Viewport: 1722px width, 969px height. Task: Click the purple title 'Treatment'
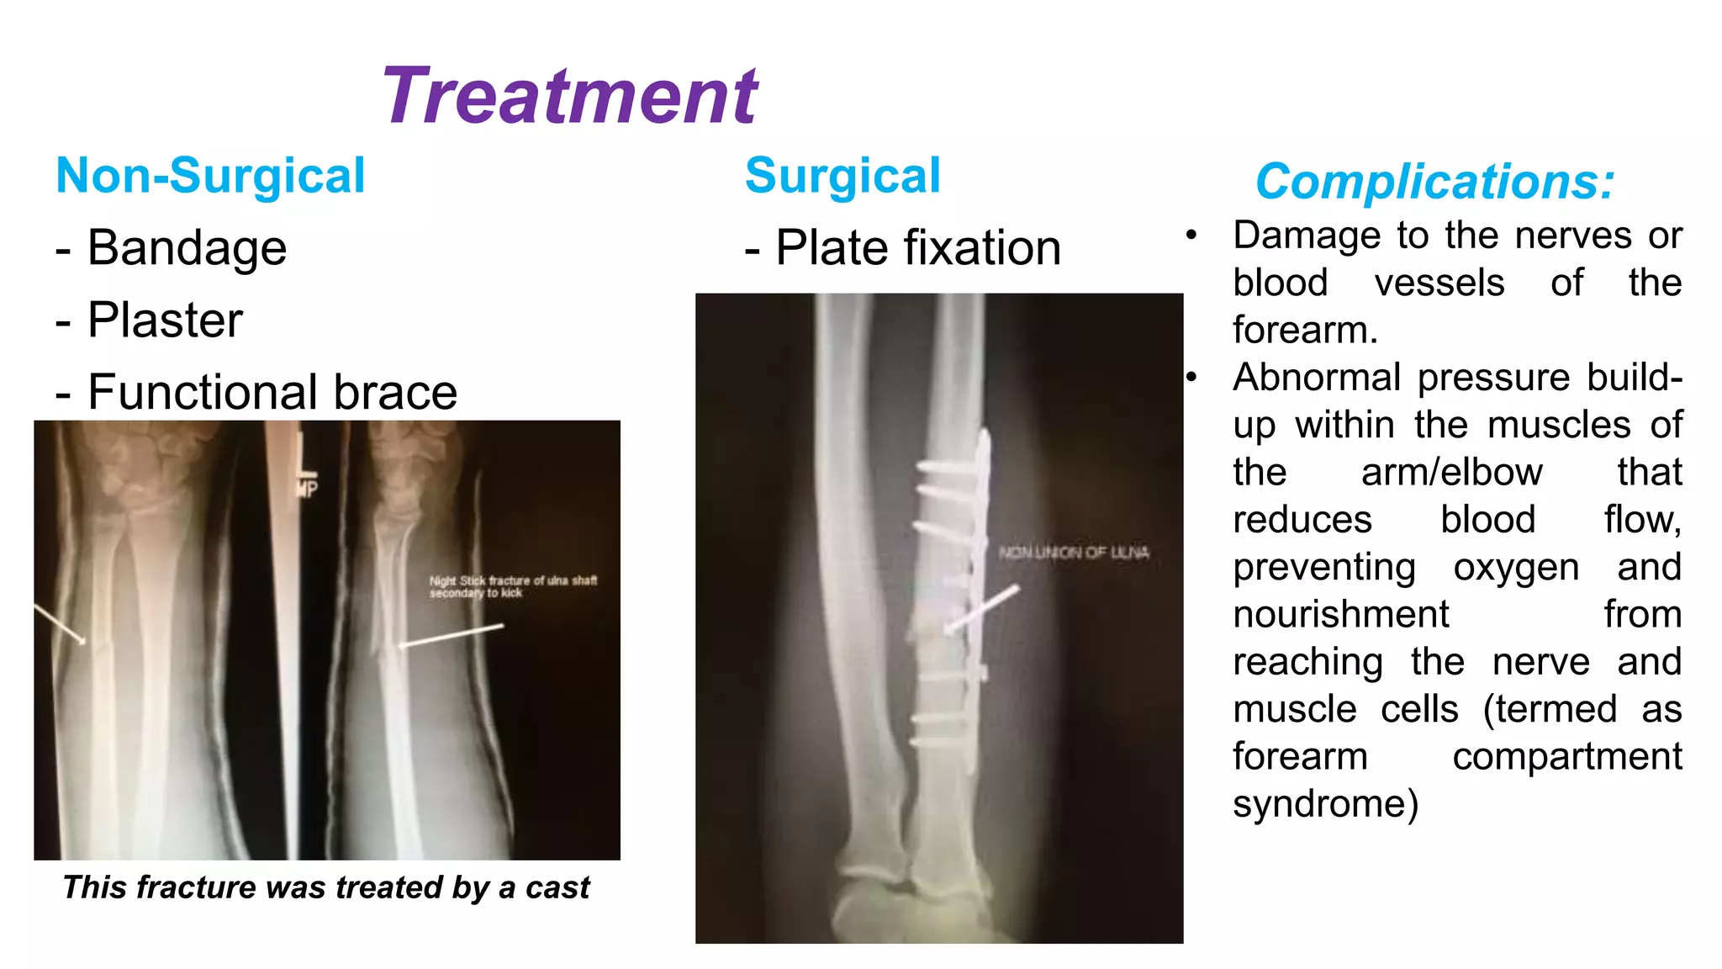(x=570, y=96)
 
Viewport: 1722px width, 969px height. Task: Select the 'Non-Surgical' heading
(x=210, y=176)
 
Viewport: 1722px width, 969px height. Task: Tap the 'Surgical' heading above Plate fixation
(x=843, y=176)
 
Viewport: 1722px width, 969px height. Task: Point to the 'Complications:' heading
(x=1434, y=181)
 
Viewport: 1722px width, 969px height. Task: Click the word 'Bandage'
(x=187, y=248)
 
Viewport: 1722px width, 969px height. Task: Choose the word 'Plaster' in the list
(x=165, y=320)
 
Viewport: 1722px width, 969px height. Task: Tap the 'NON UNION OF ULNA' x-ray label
(x=1074, y=553)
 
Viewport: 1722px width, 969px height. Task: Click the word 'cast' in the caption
(x=557, y=887)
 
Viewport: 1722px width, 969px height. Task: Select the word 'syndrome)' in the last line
(x=1325, y=804)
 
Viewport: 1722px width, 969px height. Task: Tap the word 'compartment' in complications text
(x=1566, y=756)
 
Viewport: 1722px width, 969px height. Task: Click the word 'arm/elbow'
(x=1451, y=472)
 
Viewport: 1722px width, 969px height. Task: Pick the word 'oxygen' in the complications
(x=1516, y=567)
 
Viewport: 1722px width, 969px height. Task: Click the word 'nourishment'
(x=1340, y=614)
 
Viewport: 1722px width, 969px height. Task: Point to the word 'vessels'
(x=1439, y=283)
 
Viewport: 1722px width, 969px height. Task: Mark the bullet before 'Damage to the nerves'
(x=1191, y=236)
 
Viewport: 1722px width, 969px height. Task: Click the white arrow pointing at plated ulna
(x=982, y=610)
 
